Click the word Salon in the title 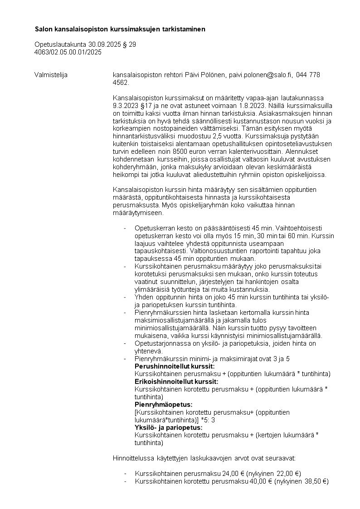click(44, 29)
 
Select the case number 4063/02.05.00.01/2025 click(68, 52)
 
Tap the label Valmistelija click(51, 75)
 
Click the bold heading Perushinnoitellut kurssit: click(175, 366)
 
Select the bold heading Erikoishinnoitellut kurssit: click(176, 382)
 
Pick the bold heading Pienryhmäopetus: click(164, 405)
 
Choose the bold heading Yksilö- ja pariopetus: click(169, 428)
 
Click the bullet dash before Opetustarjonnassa click(125, 343)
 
